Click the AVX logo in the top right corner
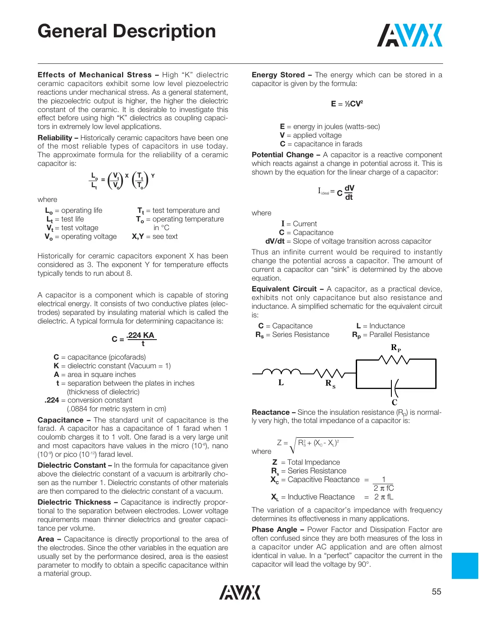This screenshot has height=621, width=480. point(409,35)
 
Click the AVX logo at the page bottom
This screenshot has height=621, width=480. point(240,592)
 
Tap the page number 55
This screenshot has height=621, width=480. point(436,591)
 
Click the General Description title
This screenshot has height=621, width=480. point(126,31)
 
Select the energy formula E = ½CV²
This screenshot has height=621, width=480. point(347,104)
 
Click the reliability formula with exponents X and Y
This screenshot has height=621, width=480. point(122,180)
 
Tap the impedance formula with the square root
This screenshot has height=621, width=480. point(315,444)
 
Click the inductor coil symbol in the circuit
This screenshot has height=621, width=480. point(281,372)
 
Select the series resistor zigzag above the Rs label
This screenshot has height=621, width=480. point(329,373)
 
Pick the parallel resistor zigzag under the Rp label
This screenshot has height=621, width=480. point(394,360)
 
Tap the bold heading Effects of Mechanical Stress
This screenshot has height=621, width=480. point(94,75)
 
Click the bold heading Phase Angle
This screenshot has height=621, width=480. point(275,529)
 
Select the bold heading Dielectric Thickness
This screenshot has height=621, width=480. point(74,502)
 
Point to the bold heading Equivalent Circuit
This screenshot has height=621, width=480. point(284,289)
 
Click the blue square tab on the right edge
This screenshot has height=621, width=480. point(465,565)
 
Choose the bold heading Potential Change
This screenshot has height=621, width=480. point(282,155)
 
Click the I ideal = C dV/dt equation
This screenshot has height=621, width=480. point(337,192)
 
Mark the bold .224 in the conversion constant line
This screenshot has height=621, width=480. point(52,400)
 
